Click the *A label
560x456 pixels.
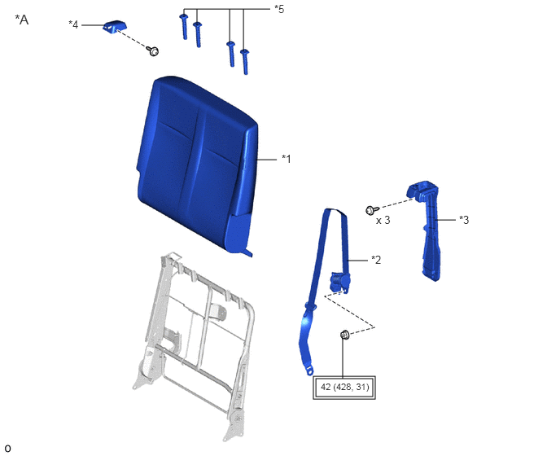(22, 20)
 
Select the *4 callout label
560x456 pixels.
(73, 24)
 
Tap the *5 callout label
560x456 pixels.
(279, 9)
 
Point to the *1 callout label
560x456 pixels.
(287, 159)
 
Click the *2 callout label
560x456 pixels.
(376, 260)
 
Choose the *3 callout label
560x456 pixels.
(464, 219)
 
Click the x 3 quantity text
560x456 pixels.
(383, 221)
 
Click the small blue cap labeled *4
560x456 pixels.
(115, 26)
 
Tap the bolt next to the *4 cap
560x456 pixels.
(153, 51)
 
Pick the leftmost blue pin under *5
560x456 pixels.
(184, 27)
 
